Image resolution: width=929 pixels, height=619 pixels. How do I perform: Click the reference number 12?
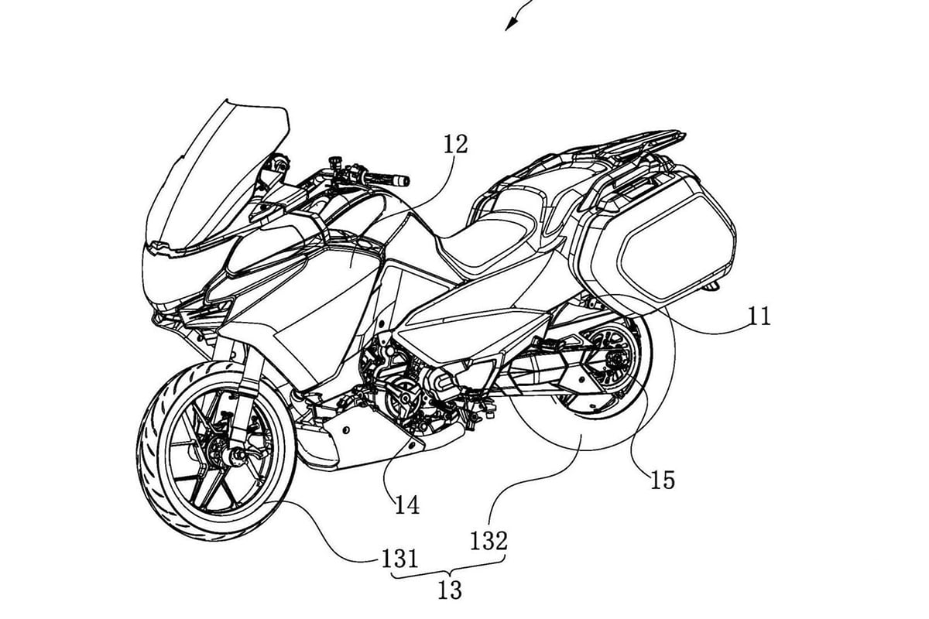tap(455, 145)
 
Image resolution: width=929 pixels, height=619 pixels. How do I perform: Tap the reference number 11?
tap(759, 316)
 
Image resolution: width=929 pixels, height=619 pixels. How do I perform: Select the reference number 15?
tap(663, 480)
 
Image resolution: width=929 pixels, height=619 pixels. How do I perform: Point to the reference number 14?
tap(407, 505)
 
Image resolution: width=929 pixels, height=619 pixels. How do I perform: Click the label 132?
tap(489, 541)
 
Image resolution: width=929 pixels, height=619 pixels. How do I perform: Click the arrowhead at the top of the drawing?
tap(510, 24)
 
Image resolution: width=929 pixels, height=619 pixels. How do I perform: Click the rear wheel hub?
tap(615, 360)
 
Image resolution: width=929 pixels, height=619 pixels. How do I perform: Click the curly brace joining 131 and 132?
tap(450, 569)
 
